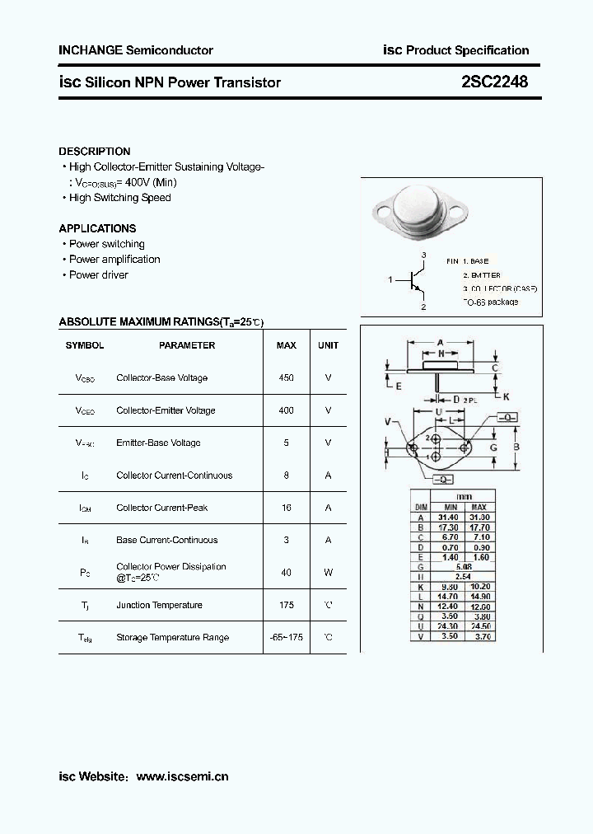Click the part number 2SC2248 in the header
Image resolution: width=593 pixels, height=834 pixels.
coord(495,82)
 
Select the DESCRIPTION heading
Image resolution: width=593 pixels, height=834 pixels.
coord(94,152)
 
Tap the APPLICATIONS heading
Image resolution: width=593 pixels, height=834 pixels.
coord(97,228)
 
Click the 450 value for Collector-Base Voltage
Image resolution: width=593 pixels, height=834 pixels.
coord(286,377)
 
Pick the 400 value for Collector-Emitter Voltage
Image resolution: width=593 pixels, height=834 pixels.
coord(286,410)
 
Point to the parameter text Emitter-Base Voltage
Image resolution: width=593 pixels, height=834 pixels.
coord(158,443)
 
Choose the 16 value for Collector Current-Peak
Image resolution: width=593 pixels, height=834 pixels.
coord(286,508)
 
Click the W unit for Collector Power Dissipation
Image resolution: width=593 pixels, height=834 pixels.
coord(328,573)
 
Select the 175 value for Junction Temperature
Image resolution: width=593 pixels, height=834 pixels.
coord(286,605)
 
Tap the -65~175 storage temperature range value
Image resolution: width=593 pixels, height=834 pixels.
coord(286,637)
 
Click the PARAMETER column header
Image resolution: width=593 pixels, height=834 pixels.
coord(187,345)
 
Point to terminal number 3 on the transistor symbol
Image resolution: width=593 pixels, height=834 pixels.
coord(423,255)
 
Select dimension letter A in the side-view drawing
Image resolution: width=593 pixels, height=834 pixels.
coord(441,342)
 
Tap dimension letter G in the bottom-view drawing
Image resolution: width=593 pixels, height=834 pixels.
coord(493,447)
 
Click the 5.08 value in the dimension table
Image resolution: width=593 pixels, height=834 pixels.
coord(464,567)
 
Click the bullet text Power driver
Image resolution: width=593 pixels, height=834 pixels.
coord(98,275)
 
